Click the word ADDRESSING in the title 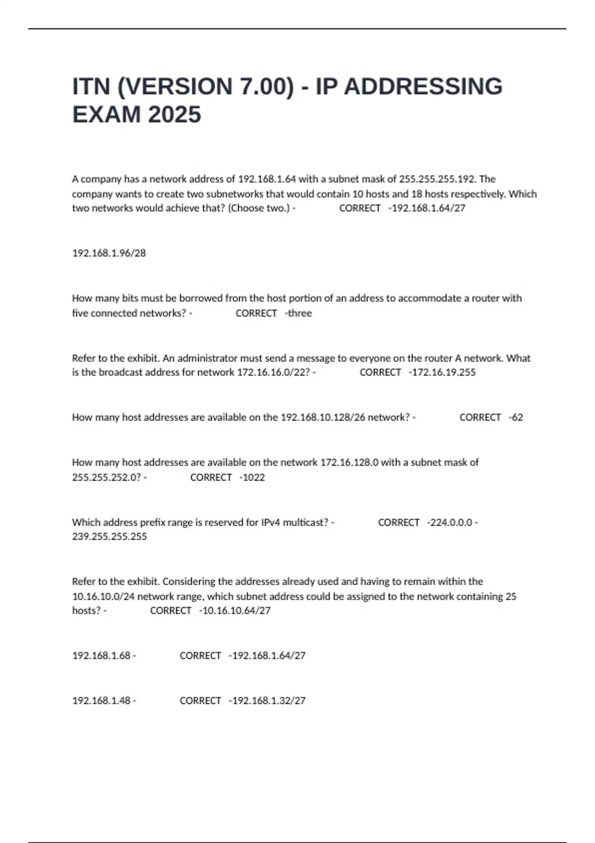(x=423, y=87)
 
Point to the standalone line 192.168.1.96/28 (x=109, y=253)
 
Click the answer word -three (x=298, y=313)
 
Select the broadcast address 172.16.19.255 (x=442, y=372)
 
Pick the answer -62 (x=516, y=418)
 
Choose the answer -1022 (x=252, y=478)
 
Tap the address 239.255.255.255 (x=110, y=537)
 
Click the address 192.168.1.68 (x=101, y=656)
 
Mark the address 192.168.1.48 (x=101, y=701)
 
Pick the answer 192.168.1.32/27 (x=267, y=701)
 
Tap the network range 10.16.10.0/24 (x=103, y=597)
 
